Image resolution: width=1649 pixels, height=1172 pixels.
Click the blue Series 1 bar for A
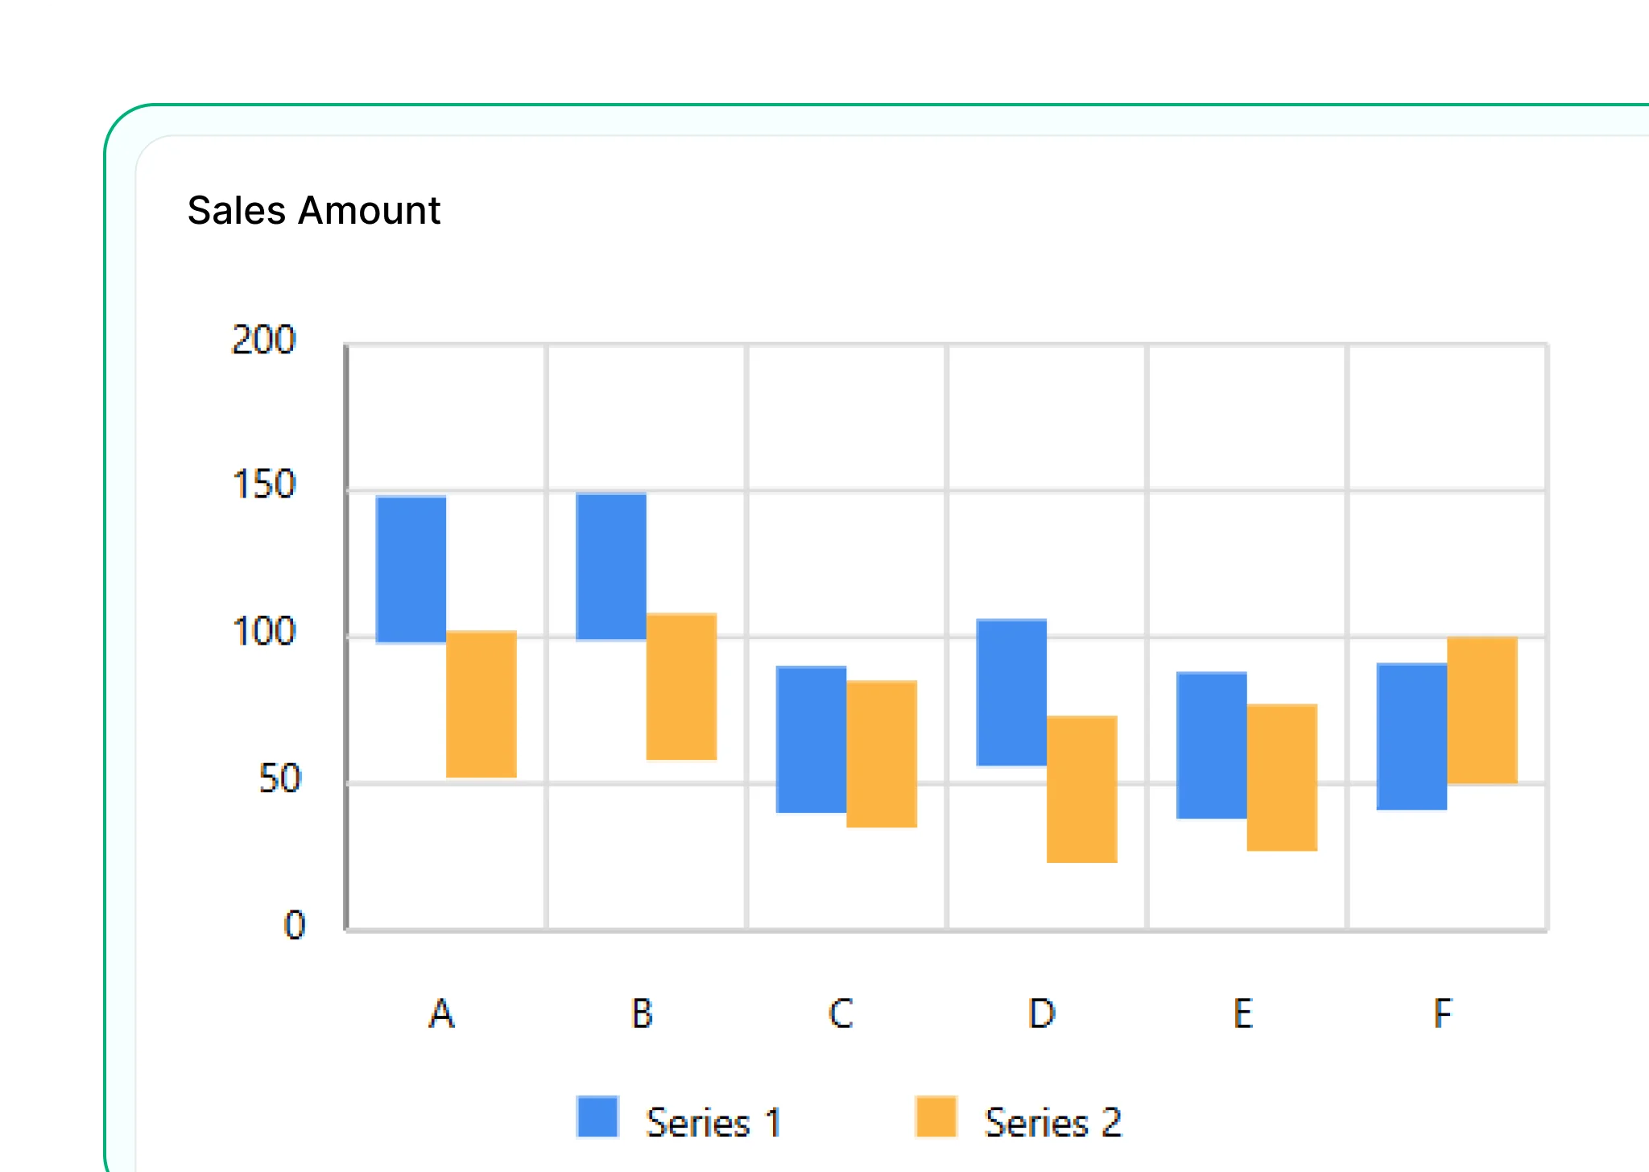[411, 569]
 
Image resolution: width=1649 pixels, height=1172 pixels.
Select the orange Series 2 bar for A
[481, 704]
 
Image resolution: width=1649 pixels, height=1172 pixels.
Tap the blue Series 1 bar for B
[611, 566]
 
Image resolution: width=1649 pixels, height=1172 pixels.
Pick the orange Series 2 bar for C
[881, 753]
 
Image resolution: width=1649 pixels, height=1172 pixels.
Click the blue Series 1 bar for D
[1011, 692]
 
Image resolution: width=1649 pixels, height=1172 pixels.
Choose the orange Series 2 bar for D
[1081, 789]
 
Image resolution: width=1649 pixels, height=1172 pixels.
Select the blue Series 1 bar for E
[1211, 745]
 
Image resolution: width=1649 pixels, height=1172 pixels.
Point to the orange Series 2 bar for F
[1482, 710]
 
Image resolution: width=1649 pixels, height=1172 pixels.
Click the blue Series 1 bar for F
[1411, 736]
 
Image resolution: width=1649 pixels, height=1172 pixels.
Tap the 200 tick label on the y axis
[263, 340]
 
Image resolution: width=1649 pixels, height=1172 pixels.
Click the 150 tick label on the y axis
[263, 485]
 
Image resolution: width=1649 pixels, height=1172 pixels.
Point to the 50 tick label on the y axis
[279, 778]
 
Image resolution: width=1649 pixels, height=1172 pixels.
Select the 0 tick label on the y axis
[295, 925]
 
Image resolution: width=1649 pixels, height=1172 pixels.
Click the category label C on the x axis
[841, 1013]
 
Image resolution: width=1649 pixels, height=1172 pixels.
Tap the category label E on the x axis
[1242, 1013]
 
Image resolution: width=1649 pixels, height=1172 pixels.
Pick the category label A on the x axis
[441, 1013]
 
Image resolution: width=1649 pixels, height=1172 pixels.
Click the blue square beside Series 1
[597, 1116]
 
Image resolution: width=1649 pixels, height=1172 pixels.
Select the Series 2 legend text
[1052, 1122]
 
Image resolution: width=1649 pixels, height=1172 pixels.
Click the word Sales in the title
[237, 211]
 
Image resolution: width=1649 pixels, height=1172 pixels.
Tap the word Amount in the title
[369, 211]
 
